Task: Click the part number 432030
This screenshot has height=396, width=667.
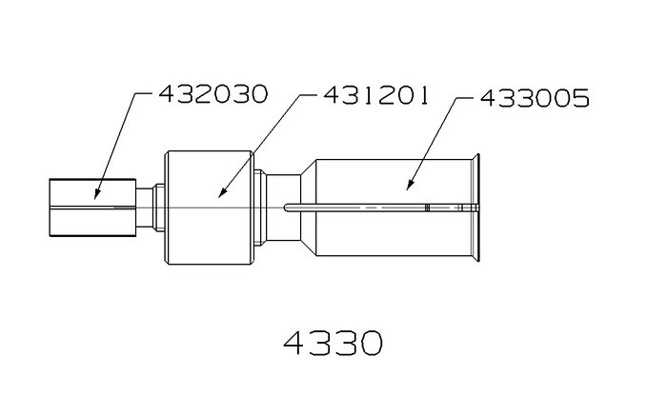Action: (213, 94)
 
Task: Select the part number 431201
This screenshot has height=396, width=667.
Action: (375, 95)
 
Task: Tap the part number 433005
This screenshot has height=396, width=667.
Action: (535, 98)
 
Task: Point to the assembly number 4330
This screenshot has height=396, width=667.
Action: (333, 343)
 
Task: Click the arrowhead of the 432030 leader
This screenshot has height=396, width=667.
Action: (96, 194)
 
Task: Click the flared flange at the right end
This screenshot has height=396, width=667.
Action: (475, 208)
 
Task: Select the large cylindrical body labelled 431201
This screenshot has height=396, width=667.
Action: (210, 208)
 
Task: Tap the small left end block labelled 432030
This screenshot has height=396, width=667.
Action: (92, 208)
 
